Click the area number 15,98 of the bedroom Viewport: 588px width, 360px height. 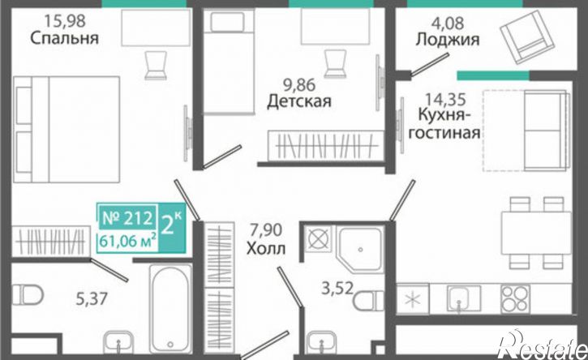(x=65, y=20)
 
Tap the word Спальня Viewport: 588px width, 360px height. (x=65, y=38)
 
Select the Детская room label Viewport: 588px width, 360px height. (x=299, y=101)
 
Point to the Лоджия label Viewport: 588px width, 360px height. (x=448, y=40)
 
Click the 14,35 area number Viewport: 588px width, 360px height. (x=445, y=100)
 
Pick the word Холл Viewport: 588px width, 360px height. (x=266, y=248)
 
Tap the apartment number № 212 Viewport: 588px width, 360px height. (x=127, y=218)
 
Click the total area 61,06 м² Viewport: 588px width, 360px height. (x=128, y=241)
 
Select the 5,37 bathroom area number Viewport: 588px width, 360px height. (x=92, y=299)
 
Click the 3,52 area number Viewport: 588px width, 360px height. (x=337, y=289)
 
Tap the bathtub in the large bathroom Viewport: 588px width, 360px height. (x=170, y=308)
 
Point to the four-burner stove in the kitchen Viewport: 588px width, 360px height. (x=515, y=299)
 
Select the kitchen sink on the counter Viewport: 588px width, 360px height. (x=463, y=299)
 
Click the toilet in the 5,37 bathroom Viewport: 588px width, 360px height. (x=27, y=295)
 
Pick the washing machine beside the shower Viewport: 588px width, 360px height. (x=318, y=238)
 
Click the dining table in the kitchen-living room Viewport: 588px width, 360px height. (x=537, y=233)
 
